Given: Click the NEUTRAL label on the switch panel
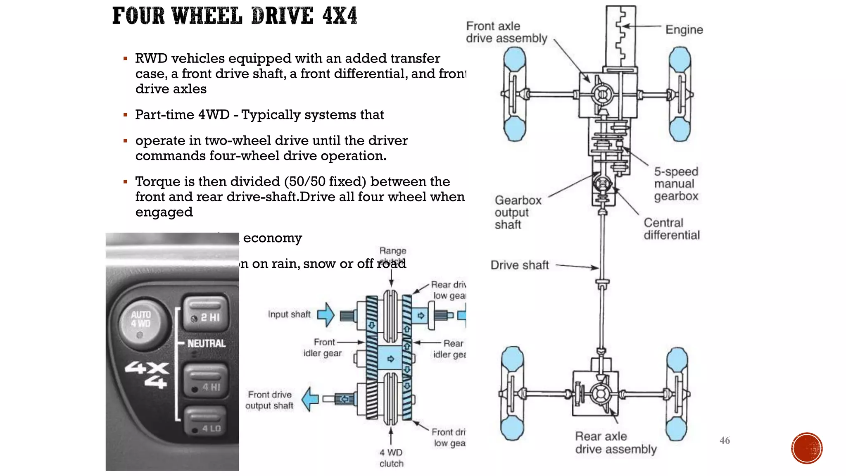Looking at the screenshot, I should point(206,343).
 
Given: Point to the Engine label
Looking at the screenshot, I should point(684,30).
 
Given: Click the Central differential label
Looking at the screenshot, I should point(671,229).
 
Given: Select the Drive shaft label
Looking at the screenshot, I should point(520,265).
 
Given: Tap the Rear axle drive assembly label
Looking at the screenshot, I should point(615,443).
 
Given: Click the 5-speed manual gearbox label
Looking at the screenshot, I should point(676,184).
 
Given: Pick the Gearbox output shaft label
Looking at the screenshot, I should point(518,212).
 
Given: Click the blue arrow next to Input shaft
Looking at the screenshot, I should point(326,315).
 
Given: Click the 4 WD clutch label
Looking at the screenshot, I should point(391,458).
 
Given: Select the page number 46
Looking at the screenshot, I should point(725,440).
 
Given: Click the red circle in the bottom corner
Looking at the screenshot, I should point(807,448).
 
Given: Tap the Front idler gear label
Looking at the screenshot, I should point(323,347).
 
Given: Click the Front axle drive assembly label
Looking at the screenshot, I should point(506,32).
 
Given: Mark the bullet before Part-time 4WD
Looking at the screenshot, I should point(125,115).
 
